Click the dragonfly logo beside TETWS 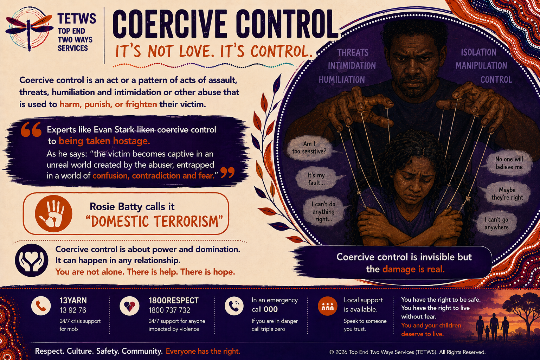[29, 29]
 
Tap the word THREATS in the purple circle [353, 52]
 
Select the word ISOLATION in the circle [478, 52]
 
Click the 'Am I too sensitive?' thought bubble [309, 148]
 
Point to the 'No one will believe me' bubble [509, 163]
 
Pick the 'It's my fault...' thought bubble [316, 179]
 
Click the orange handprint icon [53, 214]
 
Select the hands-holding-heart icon [32, 261]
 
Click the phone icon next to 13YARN [41, 306]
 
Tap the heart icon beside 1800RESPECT [129, 306]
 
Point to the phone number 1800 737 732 [169, 310]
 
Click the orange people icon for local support [328, 306]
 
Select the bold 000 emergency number [271, 309]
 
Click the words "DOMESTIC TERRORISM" [154, 221]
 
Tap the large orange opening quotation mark [31, 129]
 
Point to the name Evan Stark [114, 130]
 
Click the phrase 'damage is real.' [413, 269]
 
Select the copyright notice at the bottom [407, 352]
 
